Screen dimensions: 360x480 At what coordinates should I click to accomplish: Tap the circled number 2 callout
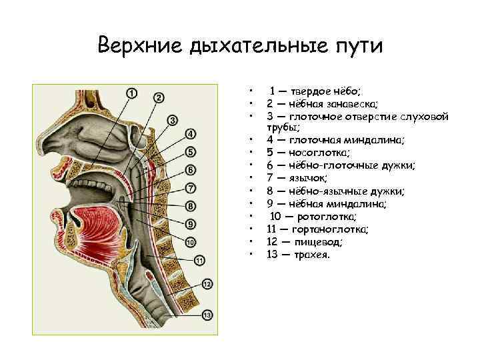159,97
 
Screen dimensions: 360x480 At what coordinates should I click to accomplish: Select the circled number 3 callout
172,120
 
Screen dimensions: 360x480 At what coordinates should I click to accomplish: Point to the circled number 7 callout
191,187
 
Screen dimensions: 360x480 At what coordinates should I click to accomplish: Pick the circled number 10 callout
191,241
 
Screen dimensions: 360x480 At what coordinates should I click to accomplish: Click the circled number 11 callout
199,259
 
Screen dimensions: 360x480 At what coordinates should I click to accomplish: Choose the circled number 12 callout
207,284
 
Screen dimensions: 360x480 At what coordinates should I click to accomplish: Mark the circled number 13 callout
207,314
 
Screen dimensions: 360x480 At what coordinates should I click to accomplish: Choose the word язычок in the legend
308,178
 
